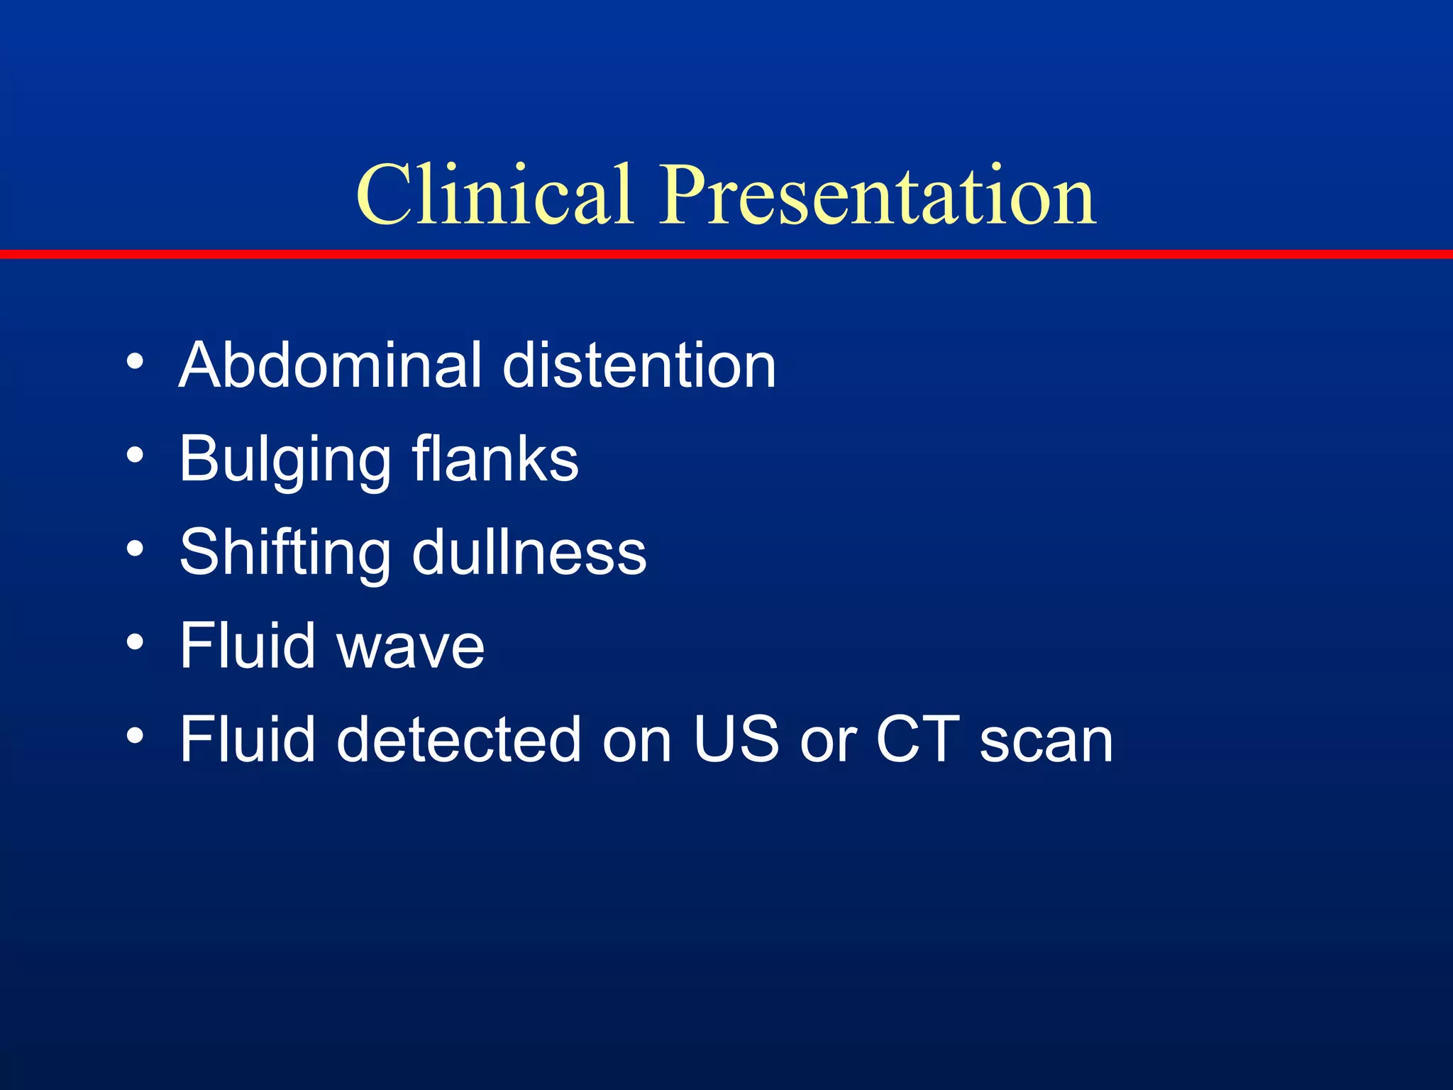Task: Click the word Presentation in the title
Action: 878,195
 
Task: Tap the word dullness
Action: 529,552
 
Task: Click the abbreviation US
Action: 736,739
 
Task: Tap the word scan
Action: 1046,741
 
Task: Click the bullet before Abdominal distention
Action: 135,362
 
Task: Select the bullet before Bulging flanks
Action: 135,456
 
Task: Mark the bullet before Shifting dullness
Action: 135,549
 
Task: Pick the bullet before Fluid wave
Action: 135,643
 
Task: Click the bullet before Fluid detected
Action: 135,737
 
